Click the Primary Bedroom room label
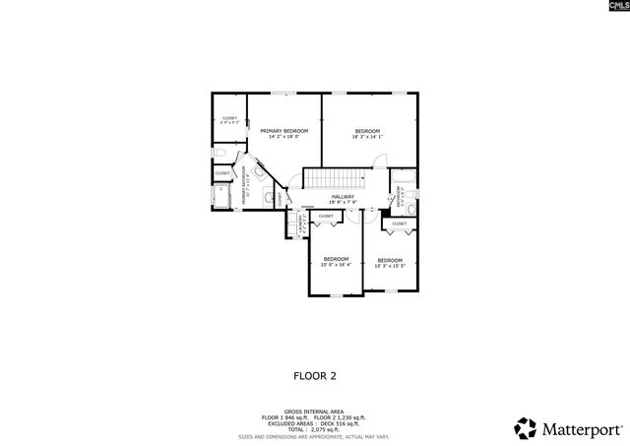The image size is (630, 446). (284, 133)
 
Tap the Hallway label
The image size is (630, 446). (343, 199)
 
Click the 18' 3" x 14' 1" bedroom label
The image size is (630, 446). (367, 133)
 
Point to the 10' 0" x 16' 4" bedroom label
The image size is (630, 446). (336, 261)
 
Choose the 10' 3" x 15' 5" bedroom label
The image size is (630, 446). (391, 262)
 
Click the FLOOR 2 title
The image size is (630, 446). (315, 375)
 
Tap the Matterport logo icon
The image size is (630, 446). (526, 427)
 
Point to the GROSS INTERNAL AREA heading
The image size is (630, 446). (314, 411)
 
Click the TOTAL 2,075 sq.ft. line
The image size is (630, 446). (314, 429)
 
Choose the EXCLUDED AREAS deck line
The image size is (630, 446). (314, 423)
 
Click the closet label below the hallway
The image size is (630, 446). (325, 216)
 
